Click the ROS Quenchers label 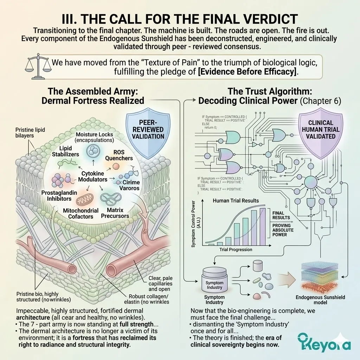pyautogui.click(x=119, y=155)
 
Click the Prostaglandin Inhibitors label pyautogui.click(x=56, y=196)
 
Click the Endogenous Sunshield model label pyautogui.click(x=320, y=300)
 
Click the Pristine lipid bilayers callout pyautogui.click(x=30, y=133)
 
